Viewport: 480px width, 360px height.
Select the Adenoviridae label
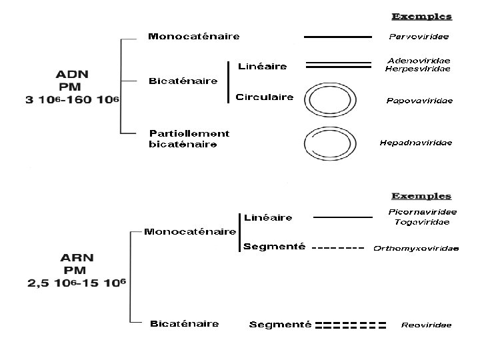pyautogui.click(x=419, y=61)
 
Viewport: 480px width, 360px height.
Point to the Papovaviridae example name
pyautogui.click(x=420, y=101)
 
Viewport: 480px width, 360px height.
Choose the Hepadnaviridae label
pyautogui.click(x=416, y=142)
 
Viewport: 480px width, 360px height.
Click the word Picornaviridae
pyautogui.click(x=423, y=212)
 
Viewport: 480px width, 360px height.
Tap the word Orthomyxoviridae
pyautogui.click(x=416, y=249)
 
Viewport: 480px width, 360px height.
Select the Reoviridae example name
pyautogui.click(x=426, y=325)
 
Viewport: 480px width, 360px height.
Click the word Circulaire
pyautogui.click(x=265, y=97)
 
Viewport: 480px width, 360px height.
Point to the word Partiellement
pyautogui.click(x=189, y=134)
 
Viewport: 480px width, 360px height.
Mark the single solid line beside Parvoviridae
pyautogui.click(x=338, y=37)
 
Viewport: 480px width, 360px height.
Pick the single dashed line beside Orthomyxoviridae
pyautogui.click(x=338, y=249)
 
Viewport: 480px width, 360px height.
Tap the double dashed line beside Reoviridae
pyautogui.click(x=351, y=326)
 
